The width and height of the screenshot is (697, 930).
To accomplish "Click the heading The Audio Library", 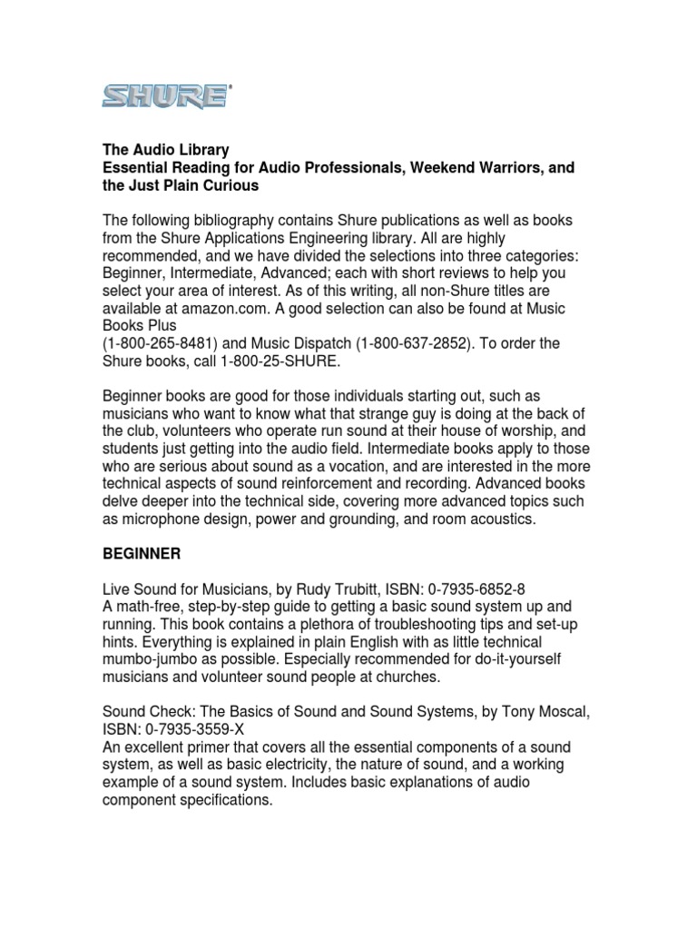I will coord(165,150).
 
